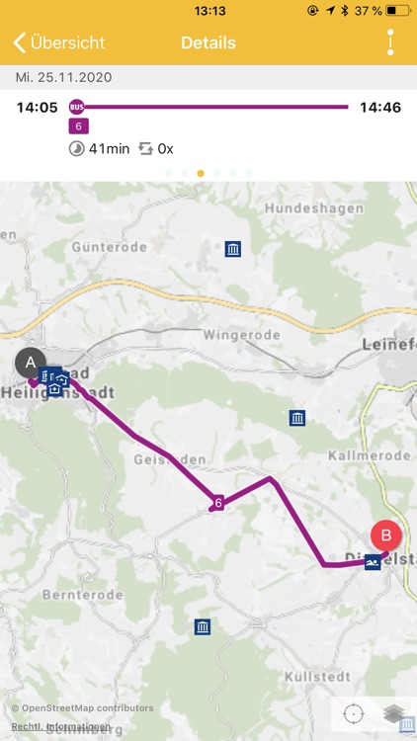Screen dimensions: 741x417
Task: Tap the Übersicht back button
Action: (59, 43)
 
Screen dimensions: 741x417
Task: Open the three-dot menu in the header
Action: (390, 42)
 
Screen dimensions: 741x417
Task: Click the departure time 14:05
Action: (38, 107)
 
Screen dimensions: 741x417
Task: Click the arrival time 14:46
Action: (380, 107)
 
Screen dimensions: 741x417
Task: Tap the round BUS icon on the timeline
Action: (76, 107)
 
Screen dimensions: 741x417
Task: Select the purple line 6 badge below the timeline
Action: (77, 126)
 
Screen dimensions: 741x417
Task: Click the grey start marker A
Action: (31, 363)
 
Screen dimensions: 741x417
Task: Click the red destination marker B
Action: (386, 536)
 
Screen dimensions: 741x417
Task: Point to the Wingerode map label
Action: (242, 335)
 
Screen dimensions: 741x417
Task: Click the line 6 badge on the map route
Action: (217, 504)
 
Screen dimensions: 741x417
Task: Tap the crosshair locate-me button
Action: (353, 713)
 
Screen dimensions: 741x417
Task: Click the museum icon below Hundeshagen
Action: (233, 249)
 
